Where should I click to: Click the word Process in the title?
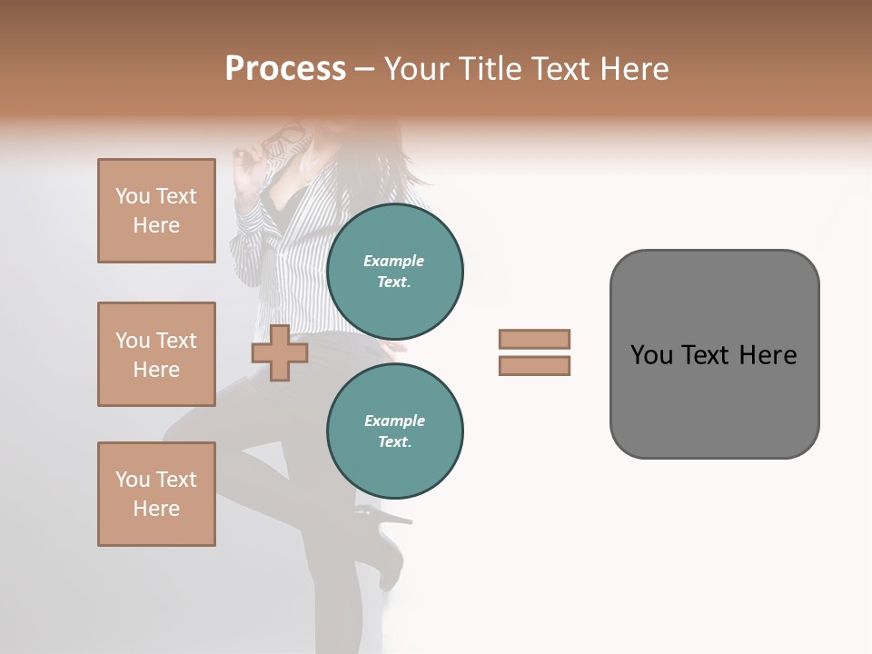(x=285, y=69)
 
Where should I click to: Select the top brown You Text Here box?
(x=156, y=211)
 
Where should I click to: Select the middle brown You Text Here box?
(x=156, y=354)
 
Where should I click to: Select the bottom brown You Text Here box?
(x=156, y=494)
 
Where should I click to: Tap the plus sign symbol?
(x=280, y=352)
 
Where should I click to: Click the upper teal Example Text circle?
(x=394, y=272)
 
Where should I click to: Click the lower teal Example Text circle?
(x=394, y=431)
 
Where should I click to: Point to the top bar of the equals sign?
(x=534, y=339)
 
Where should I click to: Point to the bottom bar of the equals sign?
(x=534, y=366)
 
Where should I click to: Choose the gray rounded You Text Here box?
(x=714, y=354)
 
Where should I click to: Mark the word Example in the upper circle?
(x=394, y=262)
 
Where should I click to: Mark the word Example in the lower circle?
(x=394, y=421)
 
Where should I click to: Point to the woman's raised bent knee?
(x=182, y=427)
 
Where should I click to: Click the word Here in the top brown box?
(x=156, y=225)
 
